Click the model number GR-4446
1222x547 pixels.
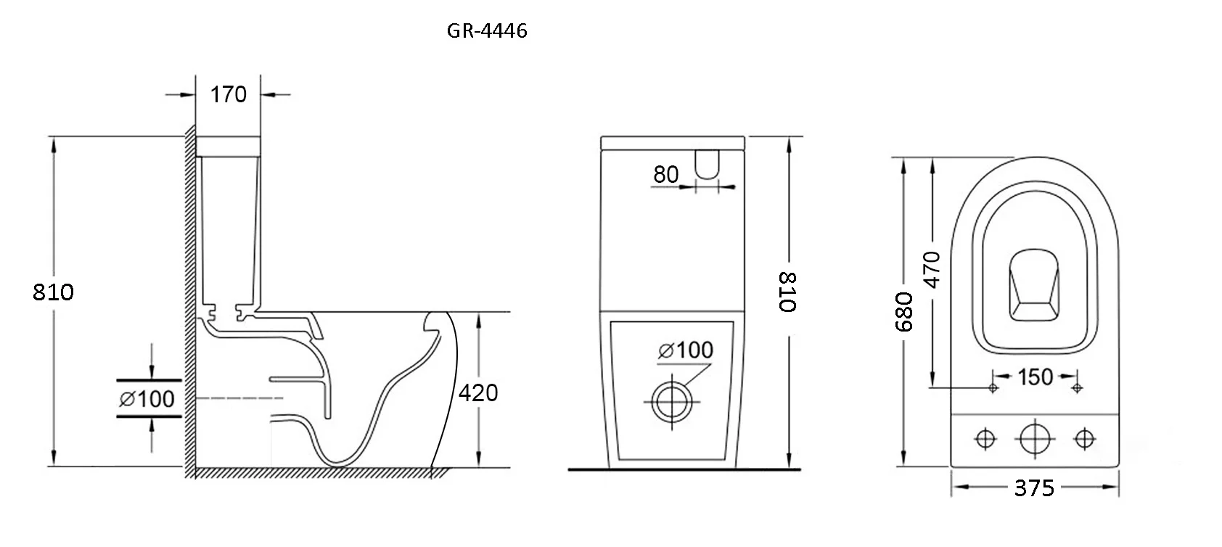[487, 30]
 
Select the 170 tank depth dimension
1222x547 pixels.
[229, 94]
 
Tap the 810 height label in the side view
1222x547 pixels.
[53, 292]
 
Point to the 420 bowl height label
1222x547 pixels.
[478, 392]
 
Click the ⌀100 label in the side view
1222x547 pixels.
[147, 399]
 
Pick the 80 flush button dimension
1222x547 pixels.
[666, 175]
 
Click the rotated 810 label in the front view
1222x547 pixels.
[788, 292]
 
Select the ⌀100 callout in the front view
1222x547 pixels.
[686, 350]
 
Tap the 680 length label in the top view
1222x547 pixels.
[903, 311]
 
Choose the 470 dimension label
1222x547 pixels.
[932, 269]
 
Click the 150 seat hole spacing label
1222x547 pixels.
[1035, 377]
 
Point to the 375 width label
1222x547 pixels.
[1034, 488]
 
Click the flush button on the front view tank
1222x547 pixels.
[708, 164]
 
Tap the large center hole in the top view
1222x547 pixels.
[1035, 438]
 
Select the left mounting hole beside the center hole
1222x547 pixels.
[985, 438]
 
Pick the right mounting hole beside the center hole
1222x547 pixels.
[1084, 438]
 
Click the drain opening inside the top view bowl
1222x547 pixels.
[1034, 285]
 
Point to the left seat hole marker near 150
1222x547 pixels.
[993, 387]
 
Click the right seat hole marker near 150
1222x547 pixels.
[1077, 387]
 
